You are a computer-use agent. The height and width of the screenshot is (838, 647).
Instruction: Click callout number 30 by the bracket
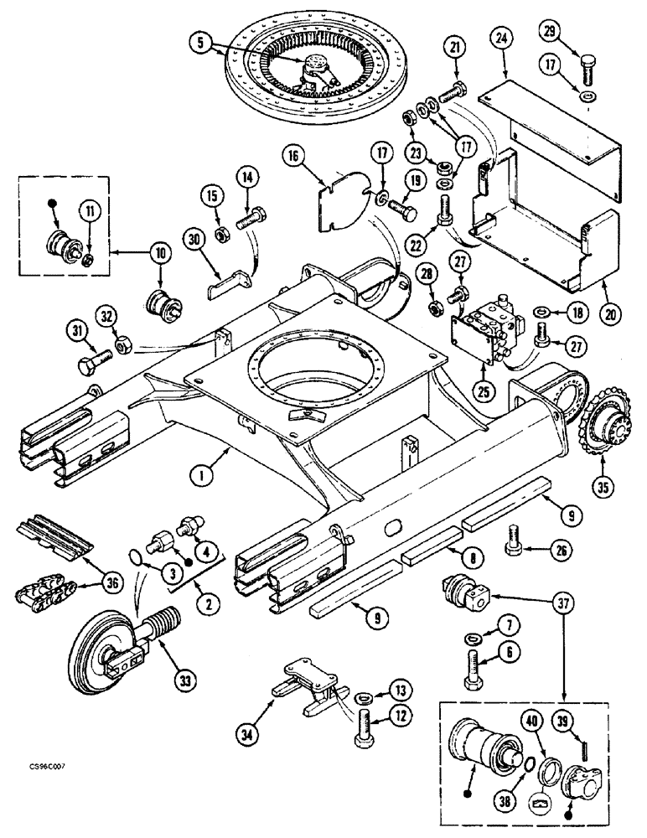(194, 239)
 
